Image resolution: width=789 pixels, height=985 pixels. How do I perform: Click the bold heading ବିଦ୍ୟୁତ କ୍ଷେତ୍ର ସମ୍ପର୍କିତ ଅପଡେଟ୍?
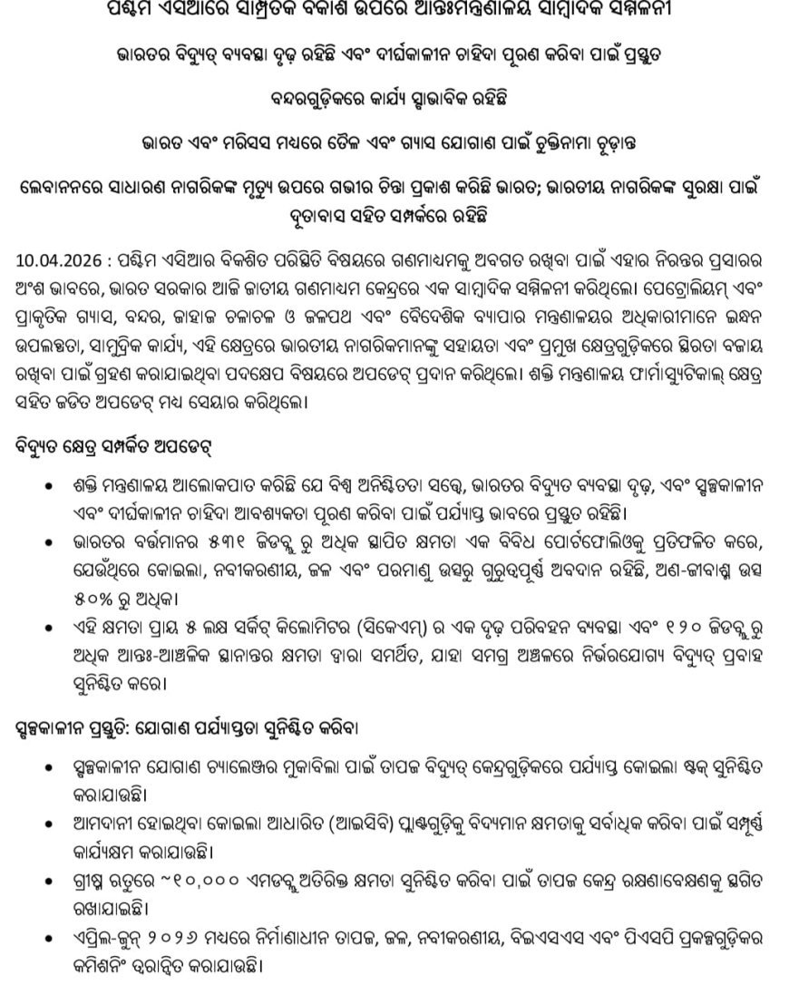[126, 447]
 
